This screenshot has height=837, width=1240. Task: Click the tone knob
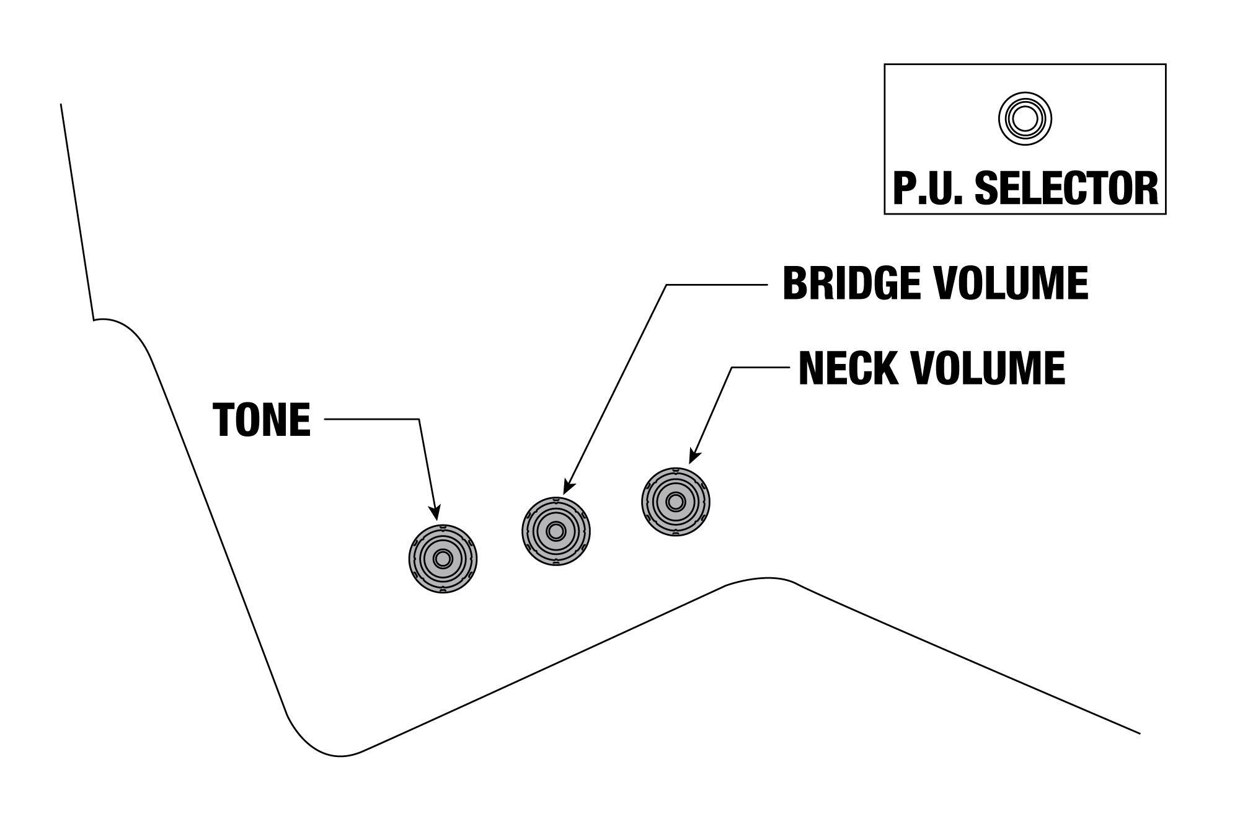[443, 559]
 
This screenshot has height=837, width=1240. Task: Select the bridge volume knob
[556, 531]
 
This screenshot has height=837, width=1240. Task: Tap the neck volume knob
[676, 501]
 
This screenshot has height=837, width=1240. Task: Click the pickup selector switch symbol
[1025, 118]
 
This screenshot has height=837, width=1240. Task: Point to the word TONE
[262, 420]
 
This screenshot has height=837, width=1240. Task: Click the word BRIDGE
[851, 284]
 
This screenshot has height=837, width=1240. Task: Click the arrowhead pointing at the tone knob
[436, 512]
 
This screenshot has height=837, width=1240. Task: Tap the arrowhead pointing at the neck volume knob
[694, 456]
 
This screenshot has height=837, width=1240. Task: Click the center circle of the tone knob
[443, 559]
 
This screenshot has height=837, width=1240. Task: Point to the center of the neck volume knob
[676, 501]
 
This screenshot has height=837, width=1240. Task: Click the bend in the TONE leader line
[419, 420]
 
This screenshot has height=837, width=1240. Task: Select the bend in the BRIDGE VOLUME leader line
[667, 285]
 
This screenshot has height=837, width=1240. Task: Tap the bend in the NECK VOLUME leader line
[732, 368]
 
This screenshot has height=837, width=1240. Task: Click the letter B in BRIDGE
[794, 284]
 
